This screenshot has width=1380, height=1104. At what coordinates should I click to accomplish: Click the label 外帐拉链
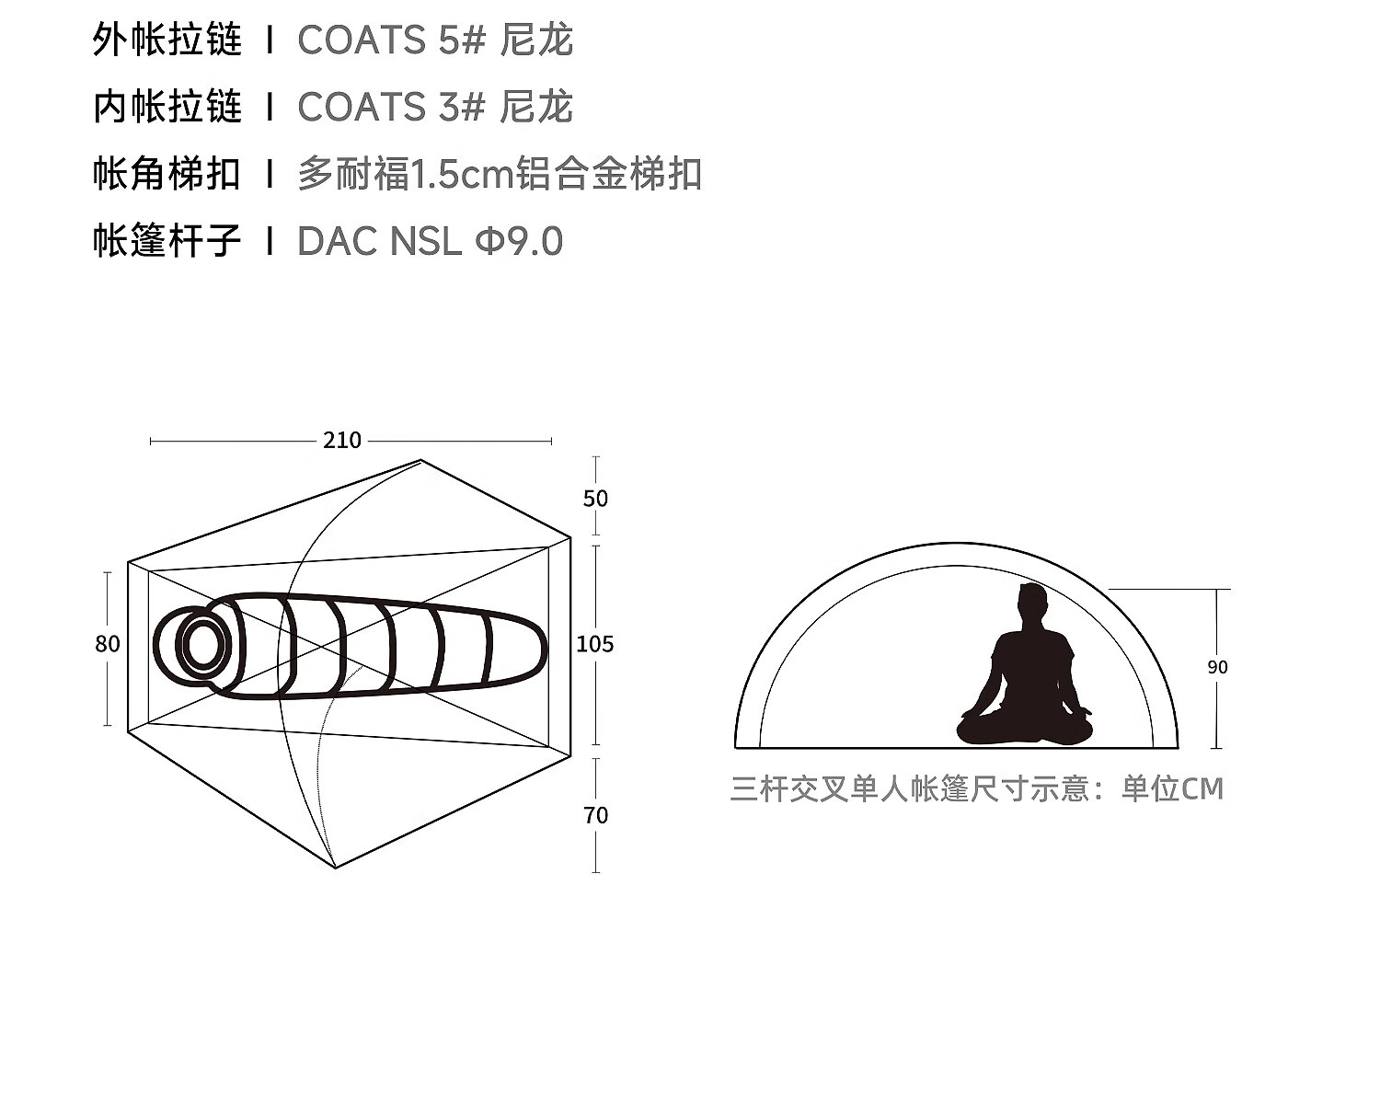(167, 40)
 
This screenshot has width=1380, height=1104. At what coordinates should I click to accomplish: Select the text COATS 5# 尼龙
(435, 40)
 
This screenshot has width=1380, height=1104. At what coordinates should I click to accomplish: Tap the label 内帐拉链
(167, 108)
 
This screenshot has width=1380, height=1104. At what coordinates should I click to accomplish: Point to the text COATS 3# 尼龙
(435, 108)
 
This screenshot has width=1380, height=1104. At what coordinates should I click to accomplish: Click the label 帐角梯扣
(167, 174)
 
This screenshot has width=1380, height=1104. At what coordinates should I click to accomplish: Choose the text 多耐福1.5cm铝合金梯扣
(500, 174)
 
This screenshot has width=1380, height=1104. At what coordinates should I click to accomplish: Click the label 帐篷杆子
(167, 241)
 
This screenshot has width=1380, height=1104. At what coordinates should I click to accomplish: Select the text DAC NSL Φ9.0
(430, 241)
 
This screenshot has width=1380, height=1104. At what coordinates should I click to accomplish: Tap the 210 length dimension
(342, 441)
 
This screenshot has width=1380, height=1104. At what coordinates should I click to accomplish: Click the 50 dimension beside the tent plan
(595, 499)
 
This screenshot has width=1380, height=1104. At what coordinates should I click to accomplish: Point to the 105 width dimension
(594, 644)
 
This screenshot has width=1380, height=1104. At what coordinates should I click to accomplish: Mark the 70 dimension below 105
(595, 815)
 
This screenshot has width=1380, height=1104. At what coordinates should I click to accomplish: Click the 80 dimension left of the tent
(108, 644)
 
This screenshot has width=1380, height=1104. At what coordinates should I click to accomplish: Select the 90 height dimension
(1217, 667)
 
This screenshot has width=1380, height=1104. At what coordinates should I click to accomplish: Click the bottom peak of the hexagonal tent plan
(335, 867)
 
